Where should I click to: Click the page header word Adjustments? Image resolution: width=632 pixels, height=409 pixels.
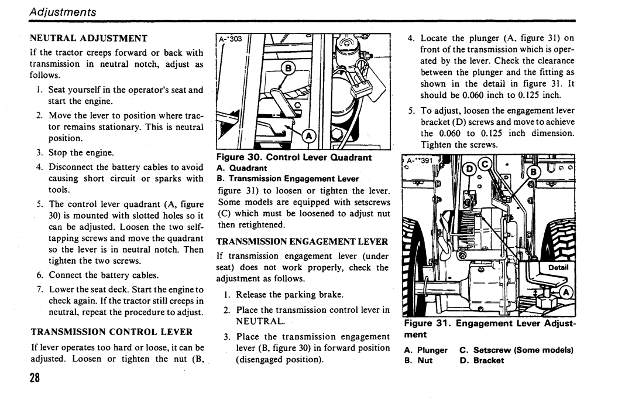pyautogui.click(x=63, y=12)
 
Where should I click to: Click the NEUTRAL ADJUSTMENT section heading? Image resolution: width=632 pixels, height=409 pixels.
pyautogui.click(x=89, y=38)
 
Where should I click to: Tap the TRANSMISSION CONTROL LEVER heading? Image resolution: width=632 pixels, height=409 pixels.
pyautogui.click(x=112, y=332)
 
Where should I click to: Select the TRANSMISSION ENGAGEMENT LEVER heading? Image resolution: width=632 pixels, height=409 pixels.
pyautogui.click(x=302, y=241)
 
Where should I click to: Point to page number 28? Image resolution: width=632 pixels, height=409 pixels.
pyautogui.click(x=35, y=377)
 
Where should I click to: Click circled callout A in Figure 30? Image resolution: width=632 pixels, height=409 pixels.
pyautogui.click(x=309, y=137)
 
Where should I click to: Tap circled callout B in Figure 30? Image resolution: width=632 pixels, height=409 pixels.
pyautogui.click(x=288, y=69)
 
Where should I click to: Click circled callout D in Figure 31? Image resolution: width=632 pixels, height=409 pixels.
pyautogui.click(x=469, y=168)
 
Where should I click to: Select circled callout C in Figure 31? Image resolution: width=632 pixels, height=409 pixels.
pyautogui.click(x=485, y=164)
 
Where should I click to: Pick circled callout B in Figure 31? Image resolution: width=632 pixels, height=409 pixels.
pyautogui.click(x=533, y=172)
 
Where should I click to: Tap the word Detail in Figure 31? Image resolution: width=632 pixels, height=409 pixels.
pyautogui.click(x=558, y=267)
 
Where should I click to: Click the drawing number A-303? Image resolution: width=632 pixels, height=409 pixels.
pyautogui.click(x=231, y=39)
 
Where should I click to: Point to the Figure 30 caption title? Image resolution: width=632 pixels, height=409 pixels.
pyautogui.click(x=294, y=157)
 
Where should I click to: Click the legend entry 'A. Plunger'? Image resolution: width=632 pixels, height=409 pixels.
pyautogui.click(x=425, y=350)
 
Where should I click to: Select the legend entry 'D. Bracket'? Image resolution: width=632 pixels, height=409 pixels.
pyautogui.click(x=482, y=360)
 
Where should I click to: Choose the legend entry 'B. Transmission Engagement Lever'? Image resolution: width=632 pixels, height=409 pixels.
pyautogui.click(x=287, y=179)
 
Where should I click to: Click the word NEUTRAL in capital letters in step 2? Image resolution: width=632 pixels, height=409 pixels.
pyautogui.click(x=260, y=321)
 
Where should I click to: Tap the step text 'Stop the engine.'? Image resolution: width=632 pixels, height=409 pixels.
pyautogui.click(x=81, y=152)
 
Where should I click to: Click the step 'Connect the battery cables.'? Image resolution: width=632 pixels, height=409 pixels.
pyautogui.click(x=104, y=275)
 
